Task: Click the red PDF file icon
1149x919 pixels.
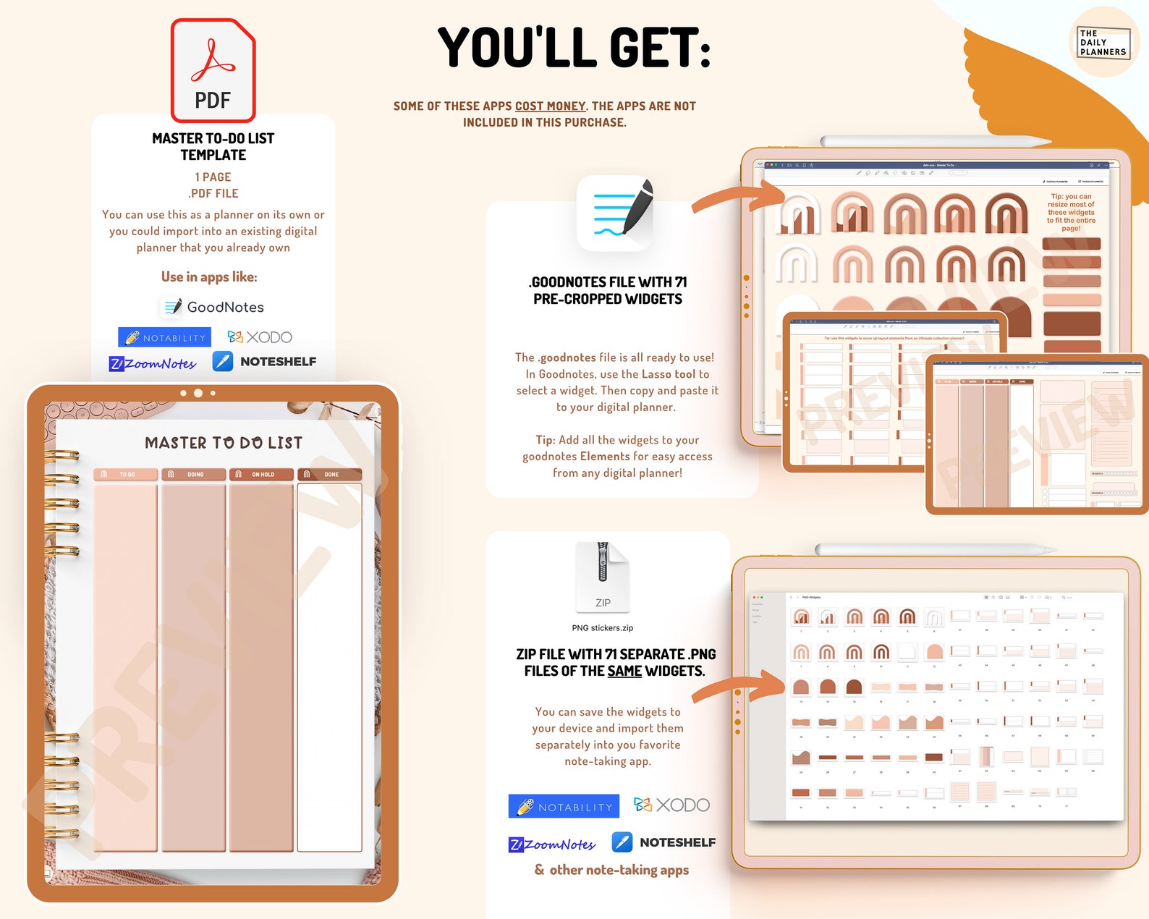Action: point(213,70)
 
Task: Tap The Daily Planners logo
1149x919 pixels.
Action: point(1103,42)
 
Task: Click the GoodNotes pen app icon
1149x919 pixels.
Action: point(616,213)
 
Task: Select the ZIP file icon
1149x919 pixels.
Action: point(603,577)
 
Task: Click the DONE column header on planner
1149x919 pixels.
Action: point(331,475)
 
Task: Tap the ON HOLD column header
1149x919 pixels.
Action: point(262,475)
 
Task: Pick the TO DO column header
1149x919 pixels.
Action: point(126,475)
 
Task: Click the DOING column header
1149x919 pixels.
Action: point(194,475)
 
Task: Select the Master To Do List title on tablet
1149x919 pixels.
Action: point(224,443)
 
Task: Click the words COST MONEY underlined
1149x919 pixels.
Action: point(550,106)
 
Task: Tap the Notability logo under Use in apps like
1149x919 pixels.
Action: point(165,337)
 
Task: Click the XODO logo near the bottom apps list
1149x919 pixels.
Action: point(671,805)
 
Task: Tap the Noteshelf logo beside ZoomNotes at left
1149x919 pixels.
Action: point(264,361)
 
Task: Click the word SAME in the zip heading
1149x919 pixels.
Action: point(624,672)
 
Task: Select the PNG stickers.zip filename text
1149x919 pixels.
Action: point(602,628)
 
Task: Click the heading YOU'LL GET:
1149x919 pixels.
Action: point(574,48)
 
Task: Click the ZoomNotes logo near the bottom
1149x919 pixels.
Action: point(552,844)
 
